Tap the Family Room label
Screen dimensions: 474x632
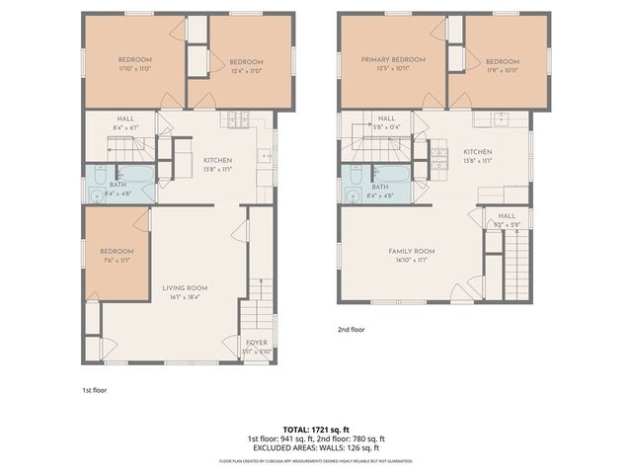(x=411, y=251)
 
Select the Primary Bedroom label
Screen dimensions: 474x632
(x=393, y=60)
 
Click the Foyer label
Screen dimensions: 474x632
(x=256, y=342)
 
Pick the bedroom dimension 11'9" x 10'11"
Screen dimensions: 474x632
(x=502, y=70)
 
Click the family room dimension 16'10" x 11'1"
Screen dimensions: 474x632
(x=411, y=260)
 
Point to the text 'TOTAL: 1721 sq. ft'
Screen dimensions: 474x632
(x=315, y=430)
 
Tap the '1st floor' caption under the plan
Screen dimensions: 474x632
(x=94, y=390)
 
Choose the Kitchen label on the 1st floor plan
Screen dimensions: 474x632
(x=217, y=160)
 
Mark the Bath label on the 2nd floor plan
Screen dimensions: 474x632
(x=379, y=187)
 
